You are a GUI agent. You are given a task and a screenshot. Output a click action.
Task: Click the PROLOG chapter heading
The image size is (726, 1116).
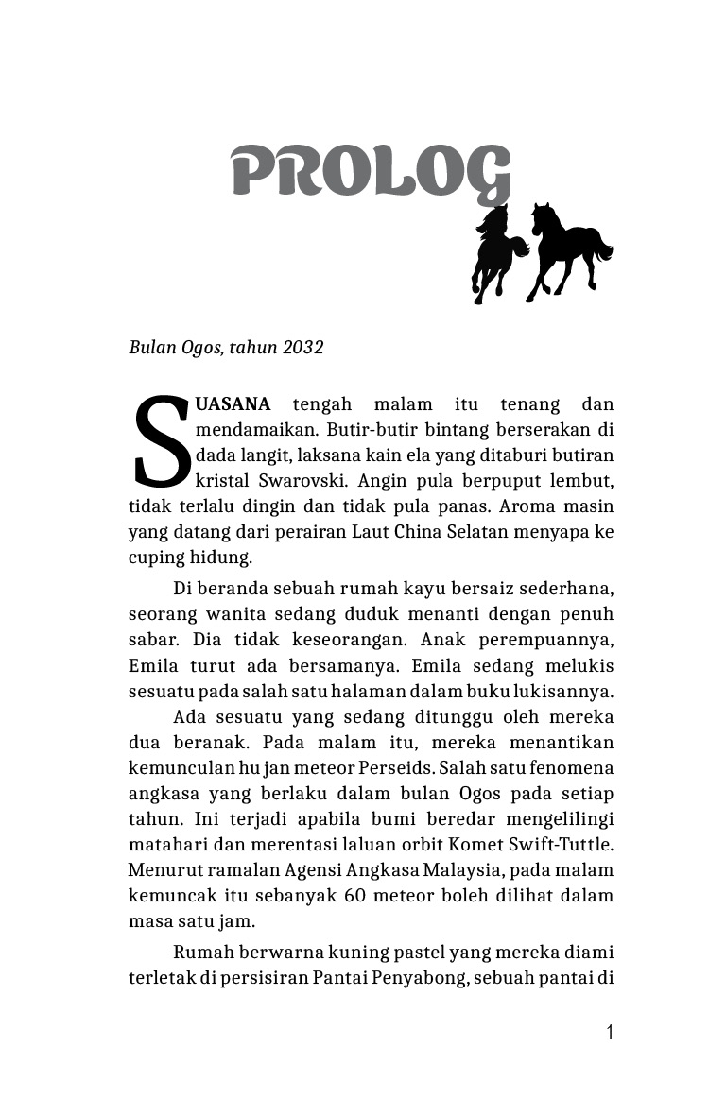pyautogui.click(x=371, y=173)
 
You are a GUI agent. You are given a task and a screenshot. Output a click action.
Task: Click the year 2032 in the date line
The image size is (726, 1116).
pyautogui.click(x=302, y=348)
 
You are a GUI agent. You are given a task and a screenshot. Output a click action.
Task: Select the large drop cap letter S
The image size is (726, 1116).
pyautogui.click(x=162, y=441)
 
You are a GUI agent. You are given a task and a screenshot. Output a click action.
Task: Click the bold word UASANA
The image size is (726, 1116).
pyautogui.click(x=233, y=404)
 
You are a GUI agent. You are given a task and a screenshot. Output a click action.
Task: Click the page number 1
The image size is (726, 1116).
pyautogui.click(x=610, y=1032)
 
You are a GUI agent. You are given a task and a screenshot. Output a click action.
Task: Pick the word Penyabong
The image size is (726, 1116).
pyautogui.click(x=419, y=977)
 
